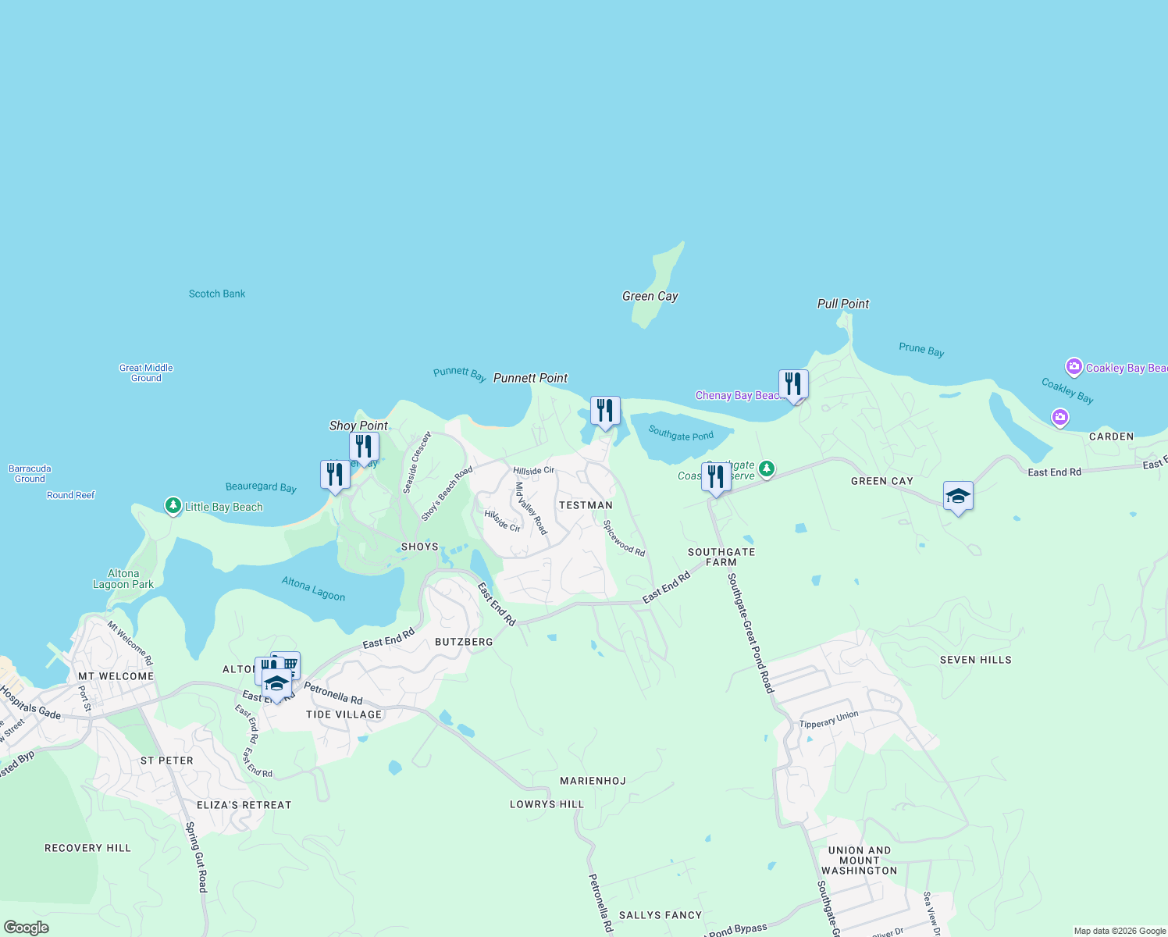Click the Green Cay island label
point(650,297)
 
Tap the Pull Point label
point(842,304)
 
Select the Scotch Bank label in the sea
point(217,294)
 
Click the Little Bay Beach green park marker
point(173,506)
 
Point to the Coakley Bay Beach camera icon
point(1074,367)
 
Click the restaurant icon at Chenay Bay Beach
point(793,384)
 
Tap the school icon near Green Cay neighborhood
point(958,496)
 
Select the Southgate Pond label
point(681,433)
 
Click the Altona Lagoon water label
point(313,589)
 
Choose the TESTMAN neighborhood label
point(586,505)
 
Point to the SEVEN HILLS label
point(975,660)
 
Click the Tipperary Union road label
point(828,720)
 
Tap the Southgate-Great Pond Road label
point(750,633)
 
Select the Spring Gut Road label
point(197,857)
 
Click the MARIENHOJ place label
point(593,781)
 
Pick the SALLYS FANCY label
point(660,915)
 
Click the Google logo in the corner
point(26,928)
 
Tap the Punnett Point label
point(530,378)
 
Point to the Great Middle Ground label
point(146,373)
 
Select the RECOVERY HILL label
point(87,848)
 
